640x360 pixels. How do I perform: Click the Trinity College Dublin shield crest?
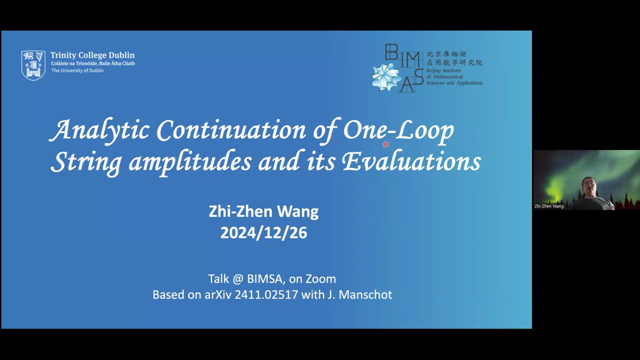tap(33, 65)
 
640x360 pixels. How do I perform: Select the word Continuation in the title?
tap(230, 130)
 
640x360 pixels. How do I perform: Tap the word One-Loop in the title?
tap(398, 130)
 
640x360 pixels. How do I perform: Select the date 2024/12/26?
tap(263, 233)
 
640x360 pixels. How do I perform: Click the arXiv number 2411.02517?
tap(266, 294)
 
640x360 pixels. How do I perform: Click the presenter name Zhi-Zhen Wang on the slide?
tap(263, 211)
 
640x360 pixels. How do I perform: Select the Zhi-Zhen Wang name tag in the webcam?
tap(549, 206)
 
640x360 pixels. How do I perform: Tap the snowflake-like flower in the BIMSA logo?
tap(386, 76)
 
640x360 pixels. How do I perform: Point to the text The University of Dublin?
tap(77, 70)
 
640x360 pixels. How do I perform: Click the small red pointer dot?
tap(385, 144)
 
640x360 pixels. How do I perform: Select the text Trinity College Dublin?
tap(92, 55)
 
